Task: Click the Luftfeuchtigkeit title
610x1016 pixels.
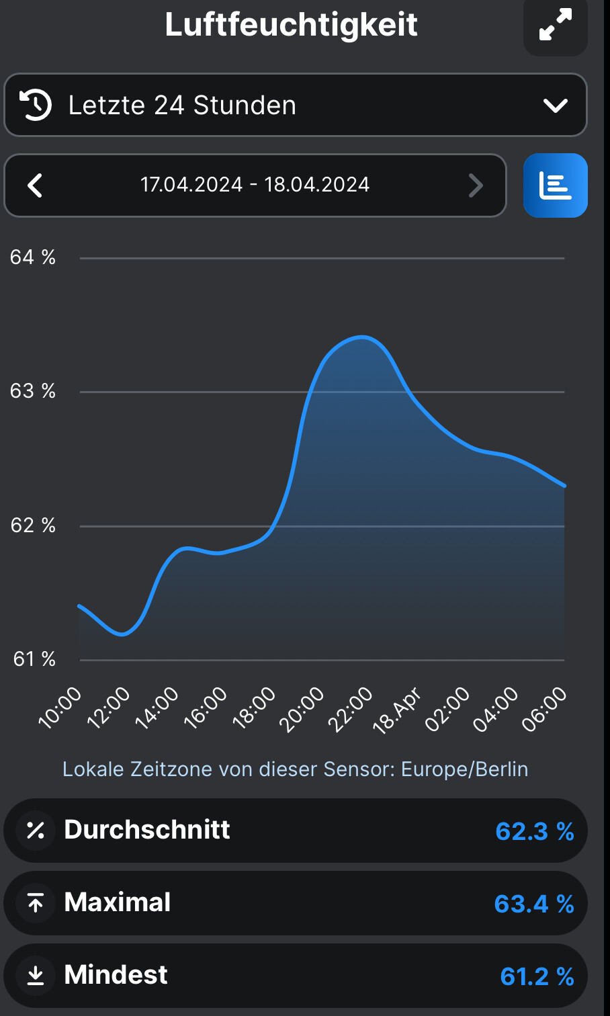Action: point(291,25)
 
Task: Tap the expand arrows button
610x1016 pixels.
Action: point(556,25)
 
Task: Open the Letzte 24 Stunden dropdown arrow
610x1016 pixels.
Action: point(556,105)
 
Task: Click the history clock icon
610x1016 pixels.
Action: point(35,105)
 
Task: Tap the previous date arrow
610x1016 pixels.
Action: point(35,185)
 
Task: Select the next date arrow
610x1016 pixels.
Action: point(476,185)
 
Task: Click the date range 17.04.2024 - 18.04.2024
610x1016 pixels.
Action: point(255,185)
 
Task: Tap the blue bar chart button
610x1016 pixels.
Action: point(556,185)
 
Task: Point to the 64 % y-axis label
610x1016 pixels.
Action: point(33,257)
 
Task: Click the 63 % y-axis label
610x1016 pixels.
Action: point(33,391)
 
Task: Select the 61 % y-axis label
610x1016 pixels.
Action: point(34,659)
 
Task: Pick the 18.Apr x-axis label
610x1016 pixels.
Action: point(396,710)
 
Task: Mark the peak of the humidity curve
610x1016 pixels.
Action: point(362,337)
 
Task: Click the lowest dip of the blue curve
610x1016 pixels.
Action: point(122,634)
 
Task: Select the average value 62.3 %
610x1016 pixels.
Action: point(534,831)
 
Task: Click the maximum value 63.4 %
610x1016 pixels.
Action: point(534,904)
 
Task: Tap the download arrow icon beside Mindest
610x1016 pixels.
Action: point(36,976)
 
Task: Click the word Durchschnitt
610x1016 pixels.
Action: point(147,830)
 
